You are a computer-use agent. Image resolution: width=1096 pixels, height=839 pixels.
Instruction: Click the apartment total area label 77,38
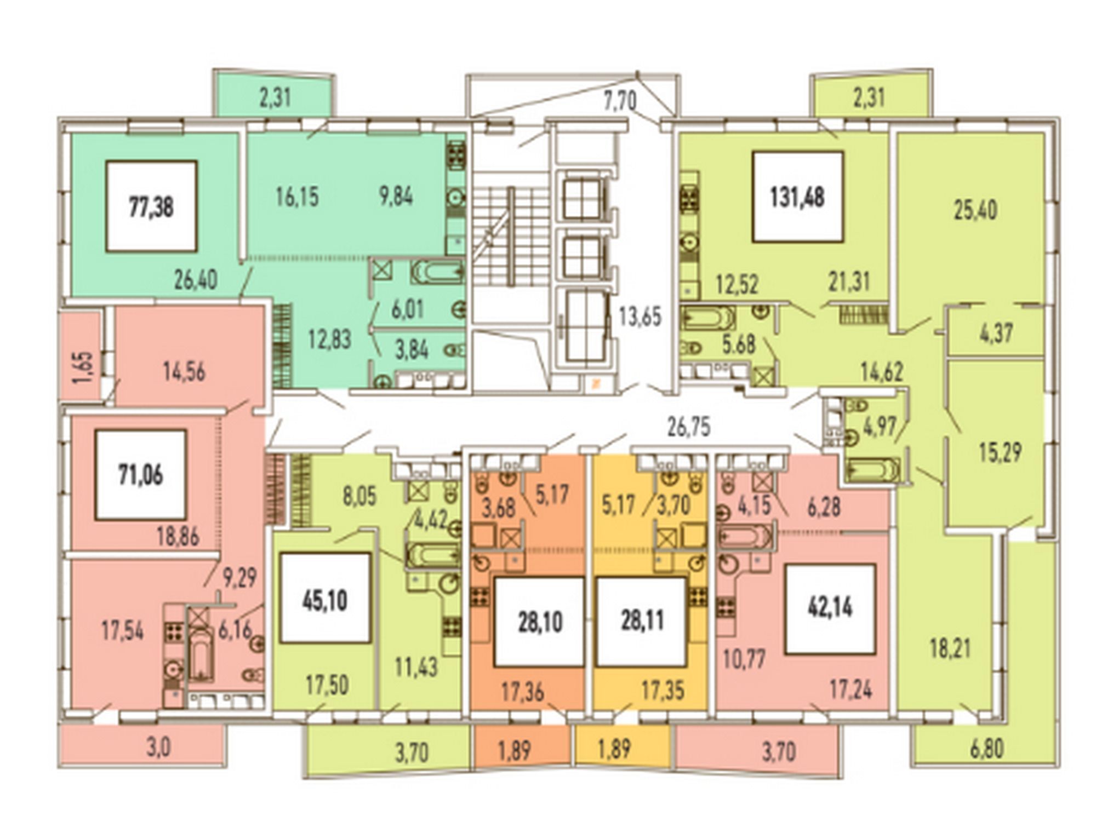click(x=151, y=206)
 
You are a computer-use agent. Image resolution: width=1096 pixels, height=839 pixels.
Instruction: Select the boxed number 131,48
click(x=797, y=197)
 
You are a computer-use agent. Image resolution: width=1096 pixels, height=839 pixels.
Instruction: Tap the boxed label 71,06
click(x=141, y=475)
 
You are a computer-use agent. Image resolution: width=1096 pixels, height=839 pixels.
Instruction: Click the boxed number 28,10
click(x=540, y=622)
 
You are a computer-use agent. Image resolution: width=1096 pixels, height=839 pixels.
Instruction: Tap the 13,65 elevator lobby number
click(x=640, y=317)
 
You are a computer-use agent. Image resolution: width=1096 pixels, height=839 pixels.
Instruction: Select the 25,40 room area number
click(x=975, y=210)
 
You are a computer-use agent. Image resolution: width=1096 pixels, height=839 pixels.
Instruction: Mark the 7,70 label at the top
click(x=619, y=101)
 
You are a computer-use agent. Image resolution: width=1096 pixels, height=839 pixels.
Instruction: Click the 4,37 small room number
click(x=996, y=334)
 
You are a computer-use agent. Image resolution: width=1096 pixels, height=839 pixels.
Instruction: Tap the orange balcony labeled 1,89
click(x=521, y=746)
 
